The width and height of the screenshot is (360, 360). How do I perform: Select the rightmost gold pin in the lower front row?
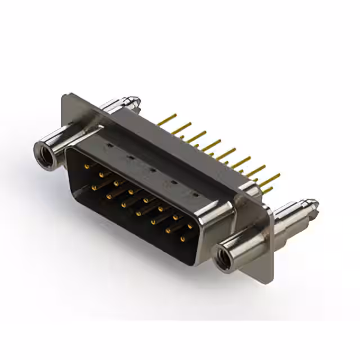[x=182, y=239]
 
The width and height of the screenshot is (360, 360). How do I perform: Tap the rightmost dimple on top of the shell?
[x=195, y=194]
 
